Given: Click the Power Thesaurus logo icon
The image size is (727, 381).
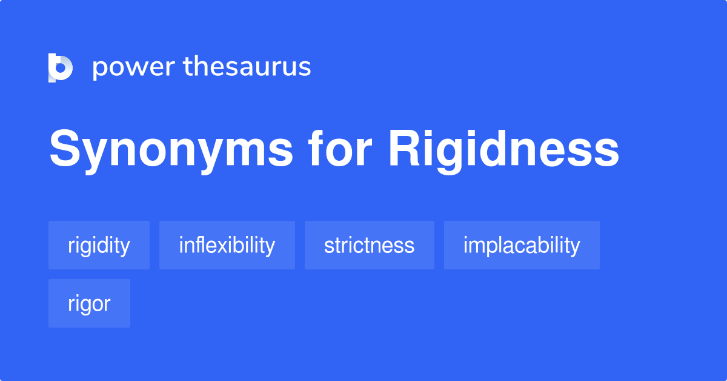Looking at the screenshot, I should [x=61, y=67].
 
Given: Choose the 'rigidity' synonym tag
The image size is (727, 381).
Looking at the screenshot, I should [x=99, y=245].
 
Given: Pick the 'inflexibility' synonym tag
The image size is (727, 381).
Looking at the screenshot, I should [x=227, y=245].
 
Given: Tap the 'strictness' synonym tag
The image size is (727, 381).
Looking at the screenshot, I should [x=369, y=245].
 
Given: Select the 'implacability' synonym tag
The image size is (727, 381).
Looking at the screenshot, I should [x=522, y=245].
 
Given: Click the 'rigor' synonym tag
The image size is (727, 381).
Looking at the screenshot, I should [x=89, y=303].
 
